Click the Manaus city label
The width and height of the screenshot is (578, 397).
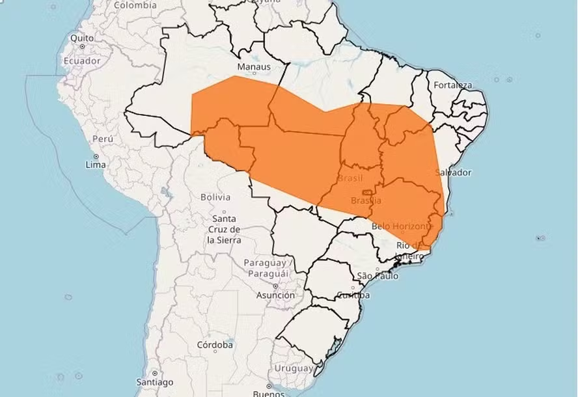[x=253, y=66]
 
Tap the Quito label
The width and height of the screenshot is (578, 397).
[x=83, y=38]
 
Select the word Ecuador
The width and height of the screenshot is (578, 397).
[x=81, y=61]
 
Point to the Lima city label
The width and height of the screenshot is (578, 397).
[x=96, y=165]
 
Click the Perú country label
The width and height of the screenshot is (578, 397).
[x=103, y=139]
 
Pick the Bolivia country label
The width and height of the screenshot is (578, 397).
[x=215, y=197]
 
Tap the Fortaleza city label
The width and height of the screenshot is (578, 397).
[x=453, y=85]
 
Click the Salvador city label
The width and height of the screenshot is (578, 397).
[x=452, y=172]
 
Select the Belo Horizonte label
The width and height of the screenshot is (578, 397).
[x=402, y=226]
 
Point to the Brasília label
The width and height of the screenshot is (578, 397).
[x=366, y=200]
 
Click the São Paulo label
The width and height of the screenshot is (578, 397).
[x=378, y=276]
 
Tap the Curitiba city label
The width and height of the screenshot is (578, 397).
[x=353, y=295]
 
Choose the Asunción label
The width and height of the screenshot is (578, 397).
[x=275, y=295]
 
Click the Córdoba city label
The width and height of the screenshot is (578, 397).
[x=215, y=345]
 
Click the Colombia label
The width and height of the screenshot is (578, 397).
[x=135, y=5]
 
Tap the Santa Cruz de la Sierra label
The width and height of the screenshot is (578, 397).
[x=224, y=229]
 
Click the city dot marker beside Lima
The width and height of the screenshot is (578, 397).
[x=96, y=156]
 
